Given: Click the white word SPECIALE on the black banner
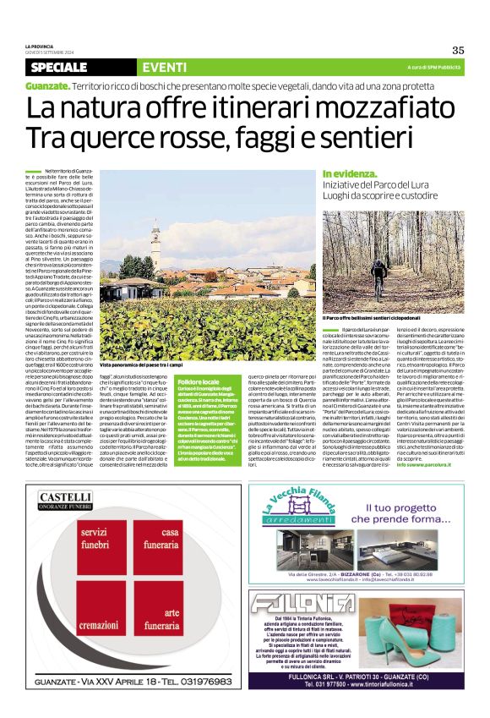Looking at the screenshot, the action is point(63,68).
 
